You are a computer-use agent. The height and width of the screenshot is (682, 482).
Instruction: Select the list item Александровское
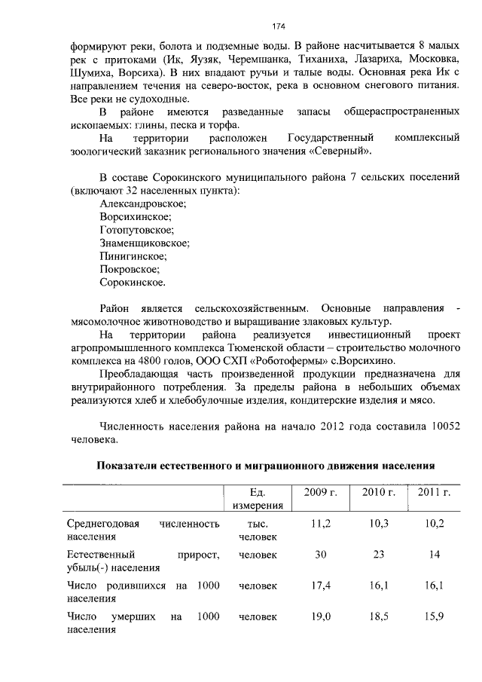pyautogui.click(x=143, y=203)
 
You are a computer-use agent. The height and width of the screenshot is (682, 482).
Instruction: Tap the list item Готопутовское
pyautogui.click(x=136, y=230)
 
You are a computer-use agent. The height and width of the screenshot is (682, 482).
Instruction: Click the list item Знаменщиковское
pyautogui.click(x=144, y=243)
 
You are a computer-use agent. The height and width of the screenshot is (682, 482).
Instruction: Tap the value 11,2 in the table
pyautogui.click(x=321, y=523)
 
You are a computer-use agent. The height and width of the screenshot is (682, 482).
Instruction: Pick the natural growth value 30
pyautogui.click(x=321, y=555)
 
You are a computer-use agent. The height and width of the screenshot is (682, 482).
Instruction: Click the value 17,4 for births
pyautogui.click(x=321, y=586)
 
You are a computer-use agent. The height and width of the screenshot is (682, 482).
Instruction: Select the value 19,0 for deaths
pyautogui.click(x=321, y=616)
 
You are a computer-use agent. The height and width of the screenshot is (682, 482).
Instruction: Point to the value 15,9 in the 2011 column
pyautogui.click(x=435, y=616)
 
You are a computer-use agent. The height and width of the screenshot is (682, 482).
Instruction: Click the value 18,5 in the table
pyautogui.click(x=379, y=616)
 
